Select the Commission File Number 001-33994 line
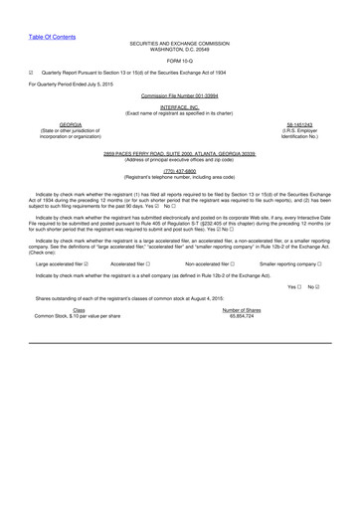(x=180, y=95)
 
